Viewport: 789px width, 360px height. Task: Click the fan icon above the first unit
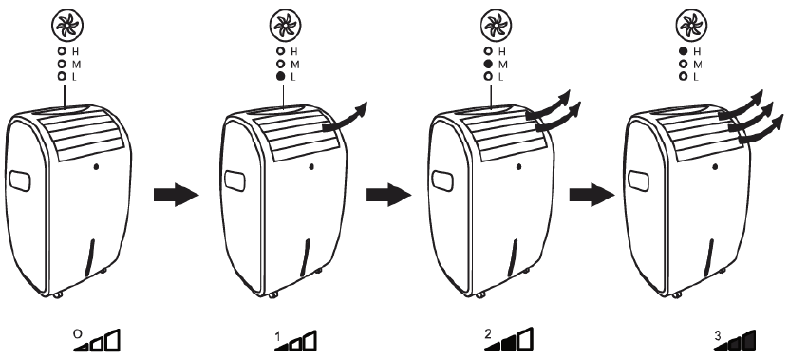click(x=67, y=27)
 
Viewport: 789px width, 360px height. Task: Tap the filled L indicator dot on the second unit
click(x=281, y=77)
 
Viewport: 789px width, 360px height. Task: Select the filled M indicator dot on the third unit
click(x=488, y=64)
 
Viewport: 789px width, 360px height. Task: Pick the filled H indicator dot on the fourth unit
click(x=683, y=51)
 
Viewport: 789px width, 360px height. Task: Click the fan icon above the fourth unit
click(x=693, y=26)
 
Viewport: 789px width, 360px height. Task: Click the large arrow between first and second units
click(x=176, y=195)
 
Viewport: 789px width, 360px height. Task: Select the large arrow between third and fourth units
click(x=592, y=195)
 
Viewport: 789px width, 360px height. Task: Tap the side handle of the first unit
click(x=19, y=180)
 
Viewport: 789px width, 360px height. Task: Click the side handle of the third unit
click(x=442, y=180)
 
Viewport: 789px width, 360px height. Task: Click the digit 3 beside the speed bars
click(x=718, y=336)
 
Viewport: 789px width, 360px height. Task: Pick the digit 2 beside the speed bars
click(x=488, y=333)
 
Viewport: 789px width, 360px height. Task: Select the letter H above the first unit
click(x=76, y=51)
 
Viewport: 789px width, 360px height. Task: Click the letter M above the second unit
click(x=295, y=64)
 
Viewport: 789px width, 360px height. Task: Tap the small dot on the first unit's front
click(x=96, y=166)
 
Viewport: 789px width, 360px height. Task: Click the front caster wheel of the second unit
click(x=273, y=295)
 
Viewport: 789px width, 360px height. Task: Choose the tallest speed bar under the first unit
click(x=114, y=339)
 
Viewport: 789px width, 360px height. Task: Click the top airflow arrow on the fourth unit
click(x=741, y=104)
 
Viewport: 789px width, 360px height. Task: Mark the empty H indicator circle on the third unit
click(x=488, y=51)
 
